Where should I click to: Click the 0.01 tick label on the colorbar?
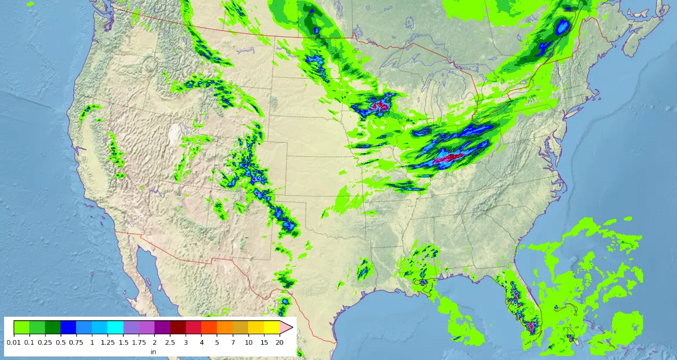coord(14,342)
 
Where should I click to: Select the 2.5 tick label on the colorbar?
coord(170,342)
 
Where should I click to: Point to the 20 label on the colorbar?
coord(280,342)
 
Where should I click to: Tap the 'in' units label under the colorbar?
coord(153,352)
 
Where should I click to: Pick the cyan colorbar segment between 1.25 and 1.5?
coord(115,327)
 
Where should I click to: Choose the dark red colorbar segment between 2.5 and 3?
coord(178,327)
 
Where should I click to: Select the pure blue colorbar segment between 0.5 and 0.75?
coord(68,327)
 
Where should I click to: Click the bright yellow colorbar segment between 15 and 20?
coord(272,327)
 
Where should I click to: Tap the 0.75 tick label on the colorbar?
coord(76,342)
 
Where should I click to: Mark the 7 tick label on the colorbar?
coord(233,342)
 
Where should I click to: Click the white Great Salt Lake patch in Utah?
coord(174,134)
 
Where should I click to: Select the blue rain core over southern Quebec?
coord(563,26)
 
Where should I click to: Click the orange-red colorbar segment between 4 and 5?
coord(209,327)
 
